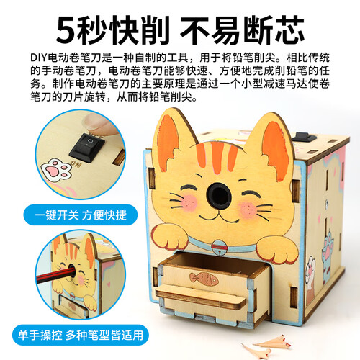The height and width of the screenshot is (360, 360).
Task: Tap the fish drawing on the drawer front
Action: point(204,279)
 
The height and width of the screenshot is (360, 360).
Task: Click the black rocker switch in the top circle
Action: point(87,148)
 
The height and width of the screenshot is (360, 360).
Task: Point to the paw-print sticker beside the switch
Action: point(57,169)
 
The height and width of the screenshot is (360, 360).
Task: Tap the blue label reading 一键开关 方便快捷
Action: point(81,215)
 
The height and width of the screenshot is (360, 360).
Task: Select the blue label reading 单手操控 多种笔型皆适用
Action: point(81,335)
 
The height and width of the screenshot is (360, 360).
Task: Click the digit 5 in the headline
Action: point(66,30)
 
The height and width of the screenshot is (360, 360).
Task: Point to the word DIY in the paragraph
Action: point(39,58)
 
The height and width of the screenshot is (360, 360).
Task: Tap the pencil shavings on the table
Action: point(267,346)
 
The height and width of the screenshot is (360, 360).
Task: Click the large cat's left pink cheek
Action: point(189,203)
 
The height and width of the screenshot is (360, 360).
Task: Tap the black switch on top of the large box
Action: point(304,138)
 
